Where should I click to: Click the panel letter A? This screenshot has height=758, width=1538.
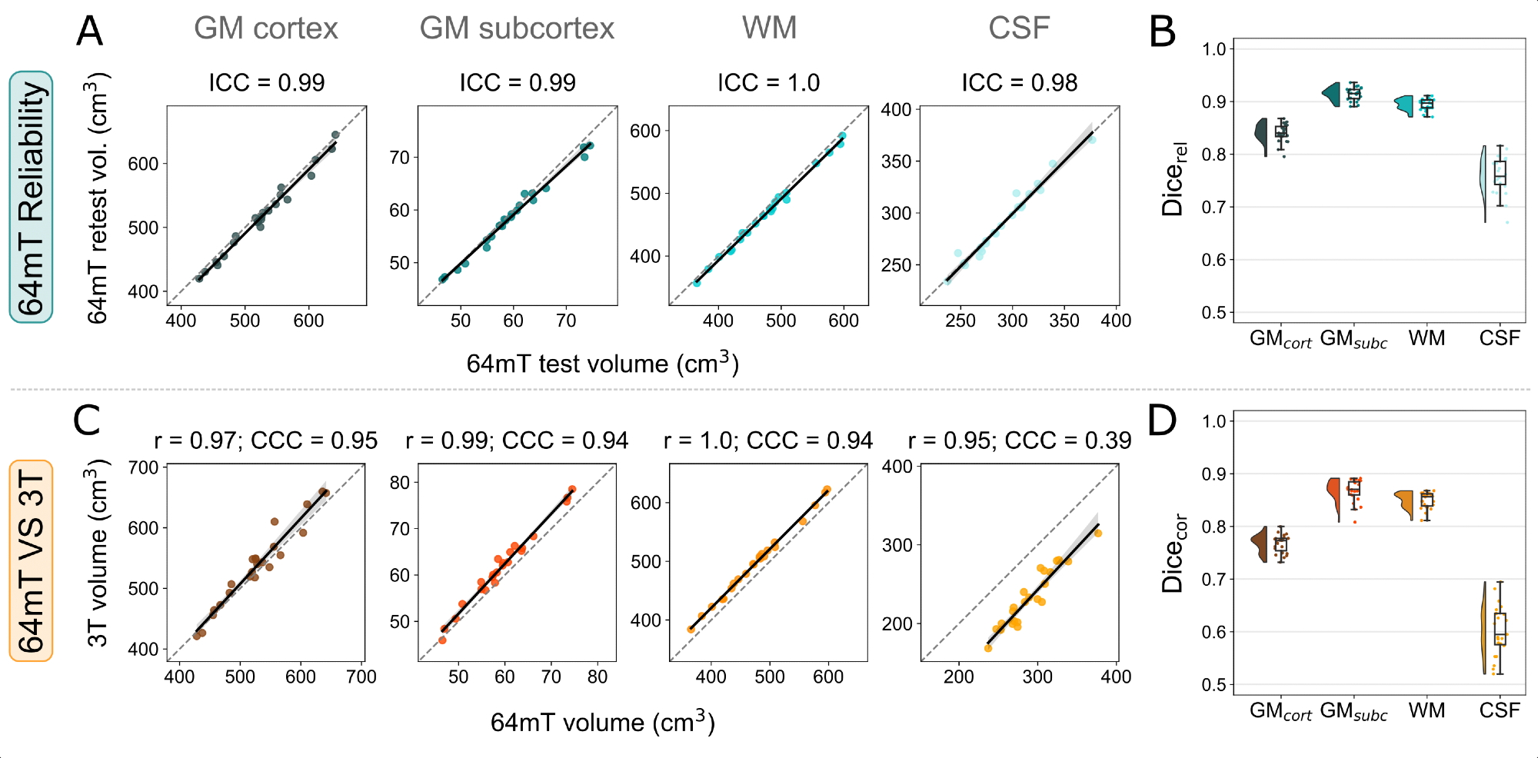pos(90,32)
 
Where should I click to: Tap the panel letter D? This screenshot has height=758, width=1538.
pos(1162,421)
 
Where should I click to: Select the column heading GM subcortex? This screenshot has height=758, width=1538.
pos(517,28)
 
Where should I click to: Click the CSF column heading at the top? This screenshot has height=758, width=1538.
pos(1019,28)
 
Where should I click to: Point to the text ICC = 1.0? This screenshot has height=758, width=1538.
pos(768,82)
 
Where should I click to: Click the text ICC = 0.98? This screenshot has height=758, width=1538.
pos(1019,82)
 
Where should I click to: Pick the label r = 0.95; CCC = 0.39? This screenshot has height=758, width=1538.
pos(1019,441)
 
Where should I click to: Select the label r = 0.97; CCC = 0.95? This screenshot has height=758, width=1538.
pos(265,441)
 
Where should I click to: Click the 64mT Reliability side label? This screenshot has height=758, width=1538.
pos(32,198)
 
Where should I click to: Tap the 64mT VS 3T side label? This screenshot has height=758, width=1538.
pos(32,560)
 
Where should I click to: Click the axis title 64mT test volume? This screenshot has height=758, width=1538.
pos(602,363)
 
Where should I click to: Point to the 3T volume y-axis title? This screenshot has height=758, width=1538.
pos(98,554)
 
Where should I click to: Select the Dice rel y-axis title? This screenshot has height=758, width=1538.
pos(1173,179)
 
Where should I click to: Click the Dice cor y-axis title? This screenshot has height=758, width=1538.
pos(1173,553)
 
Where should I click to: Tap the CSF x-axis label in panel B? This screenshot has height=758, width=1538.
pos(1499,338)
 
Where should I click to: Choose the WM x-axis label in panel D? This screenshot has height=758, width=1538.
pos(1426,710)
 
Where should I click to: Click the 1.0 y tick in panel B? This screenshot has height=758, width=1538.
pos(1213,49)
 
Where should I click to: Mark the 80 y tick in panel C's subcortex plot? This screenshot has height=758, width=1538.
pos(400,483)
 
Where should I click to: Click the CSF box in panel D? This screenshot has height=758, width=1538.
pos(1500,629)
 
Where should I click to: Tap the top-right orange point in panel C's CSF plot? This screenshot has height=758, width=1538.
pos(1098,533)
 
